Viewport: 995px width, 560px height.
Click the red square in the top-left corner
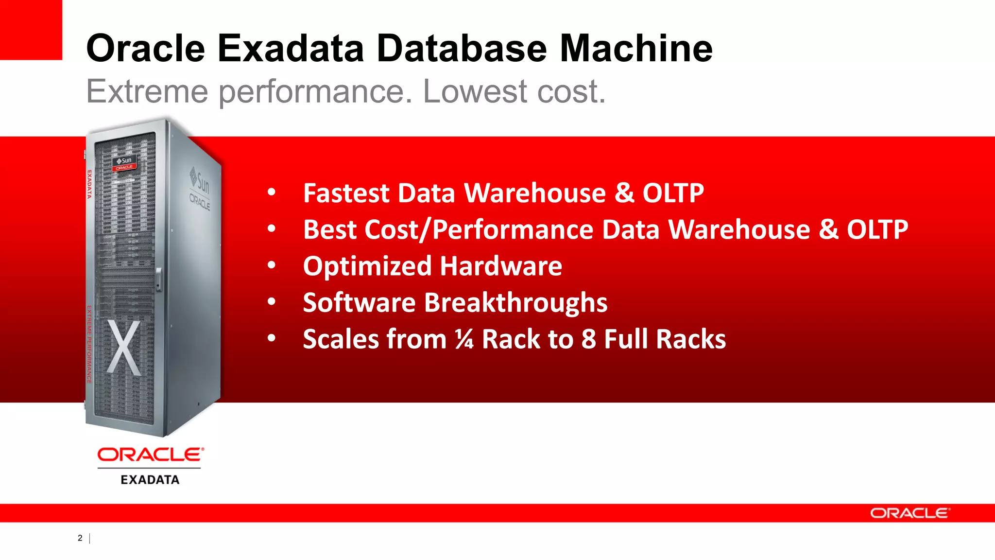coord(31,30)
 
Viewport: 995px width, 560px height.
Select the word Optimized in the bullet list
coord(367,266)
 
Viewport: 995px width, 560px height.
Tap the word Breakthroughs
coord(515,302)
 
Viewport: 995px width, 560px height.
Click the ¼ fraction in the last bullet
coord(464,339)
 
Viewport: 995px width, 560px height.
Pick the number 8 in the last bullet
coord(588,339)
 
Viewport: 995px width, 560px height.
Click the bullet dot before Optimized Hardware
coord(272,265)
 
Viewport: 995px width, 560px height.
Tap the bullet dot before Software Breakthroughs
coord(272,302)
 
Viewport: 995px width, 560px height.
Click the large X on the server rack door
coord(124,348)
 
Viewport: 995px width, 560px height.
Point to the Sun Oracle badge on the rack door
coord(124,163)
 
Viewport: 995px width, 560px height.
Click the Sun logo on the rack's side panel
coord(200,180)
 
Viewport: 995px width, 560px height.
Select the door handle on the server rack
coord(158,279)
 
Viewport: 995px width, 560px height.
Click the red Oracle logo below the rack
coord(151,455)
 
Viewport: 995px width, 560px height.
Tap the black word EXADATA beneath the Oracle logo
coord(150,480)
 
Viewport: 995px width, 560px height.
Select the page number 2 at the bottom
coord(80,538)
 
